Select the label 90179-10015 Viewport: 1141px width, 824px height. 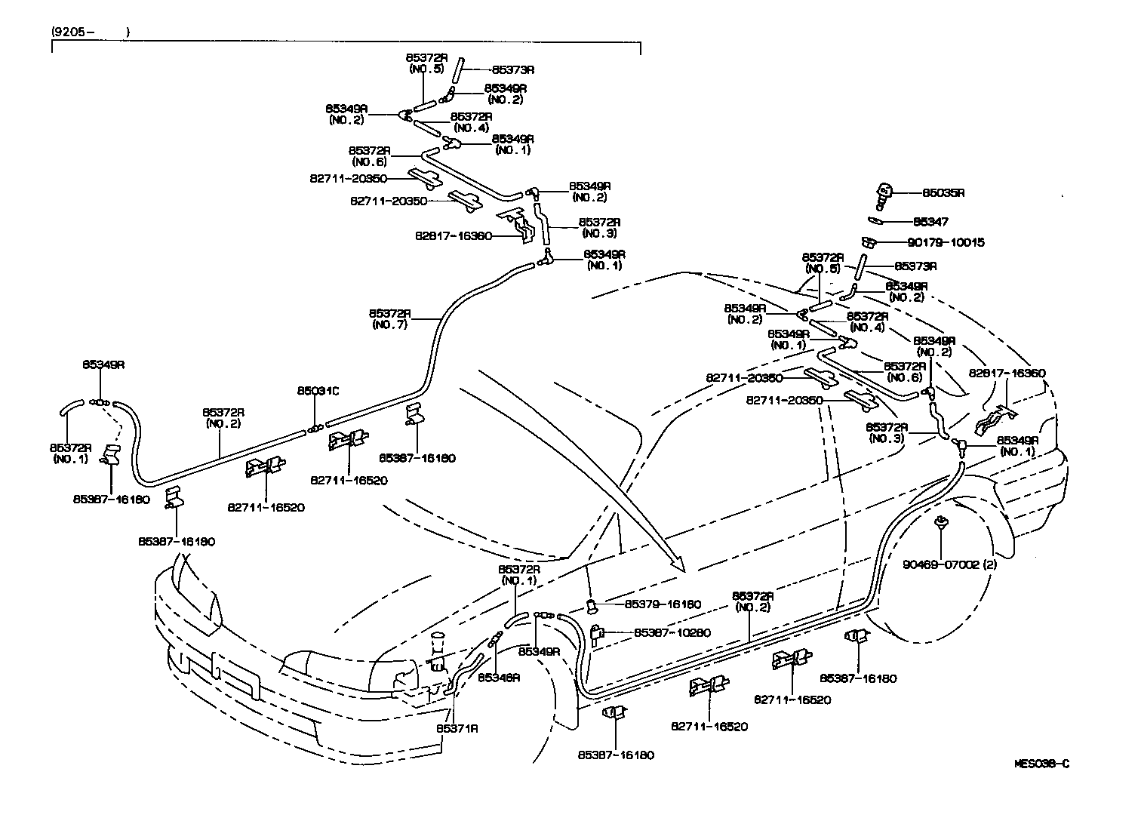pyautogui.click(x=949, y=243)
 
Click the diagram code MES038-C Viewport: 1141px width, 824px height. pyautogui.click(x=1041, y=763)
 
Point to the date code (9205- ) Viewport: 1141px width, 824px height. pyautogui.click(x=91, y=32)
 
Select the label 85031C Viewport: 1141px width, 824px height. pyautogui.click(x=318, y=391)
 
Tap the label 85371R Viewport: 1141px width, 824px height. pyautogui.click(x=457, y=728)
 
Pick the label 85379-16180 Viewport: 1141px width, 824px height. pyautogui.click(x=663, y=604)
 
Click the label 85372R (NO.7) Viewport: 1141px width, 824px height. pyautogui.click(x=390, y=318)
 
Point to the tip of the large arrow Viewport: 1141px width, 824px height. pyautogui.click(x=681, y=568)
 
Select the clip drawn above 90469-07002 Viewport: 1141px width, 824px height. pyautogui.click(x=941, y=521)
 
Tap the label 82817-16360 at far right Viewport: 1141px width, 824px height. pyautogui.click(x=1007, y=373)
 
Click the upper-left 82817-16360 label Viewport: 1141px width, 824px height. pyautogui.click(x=453, y=235)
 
